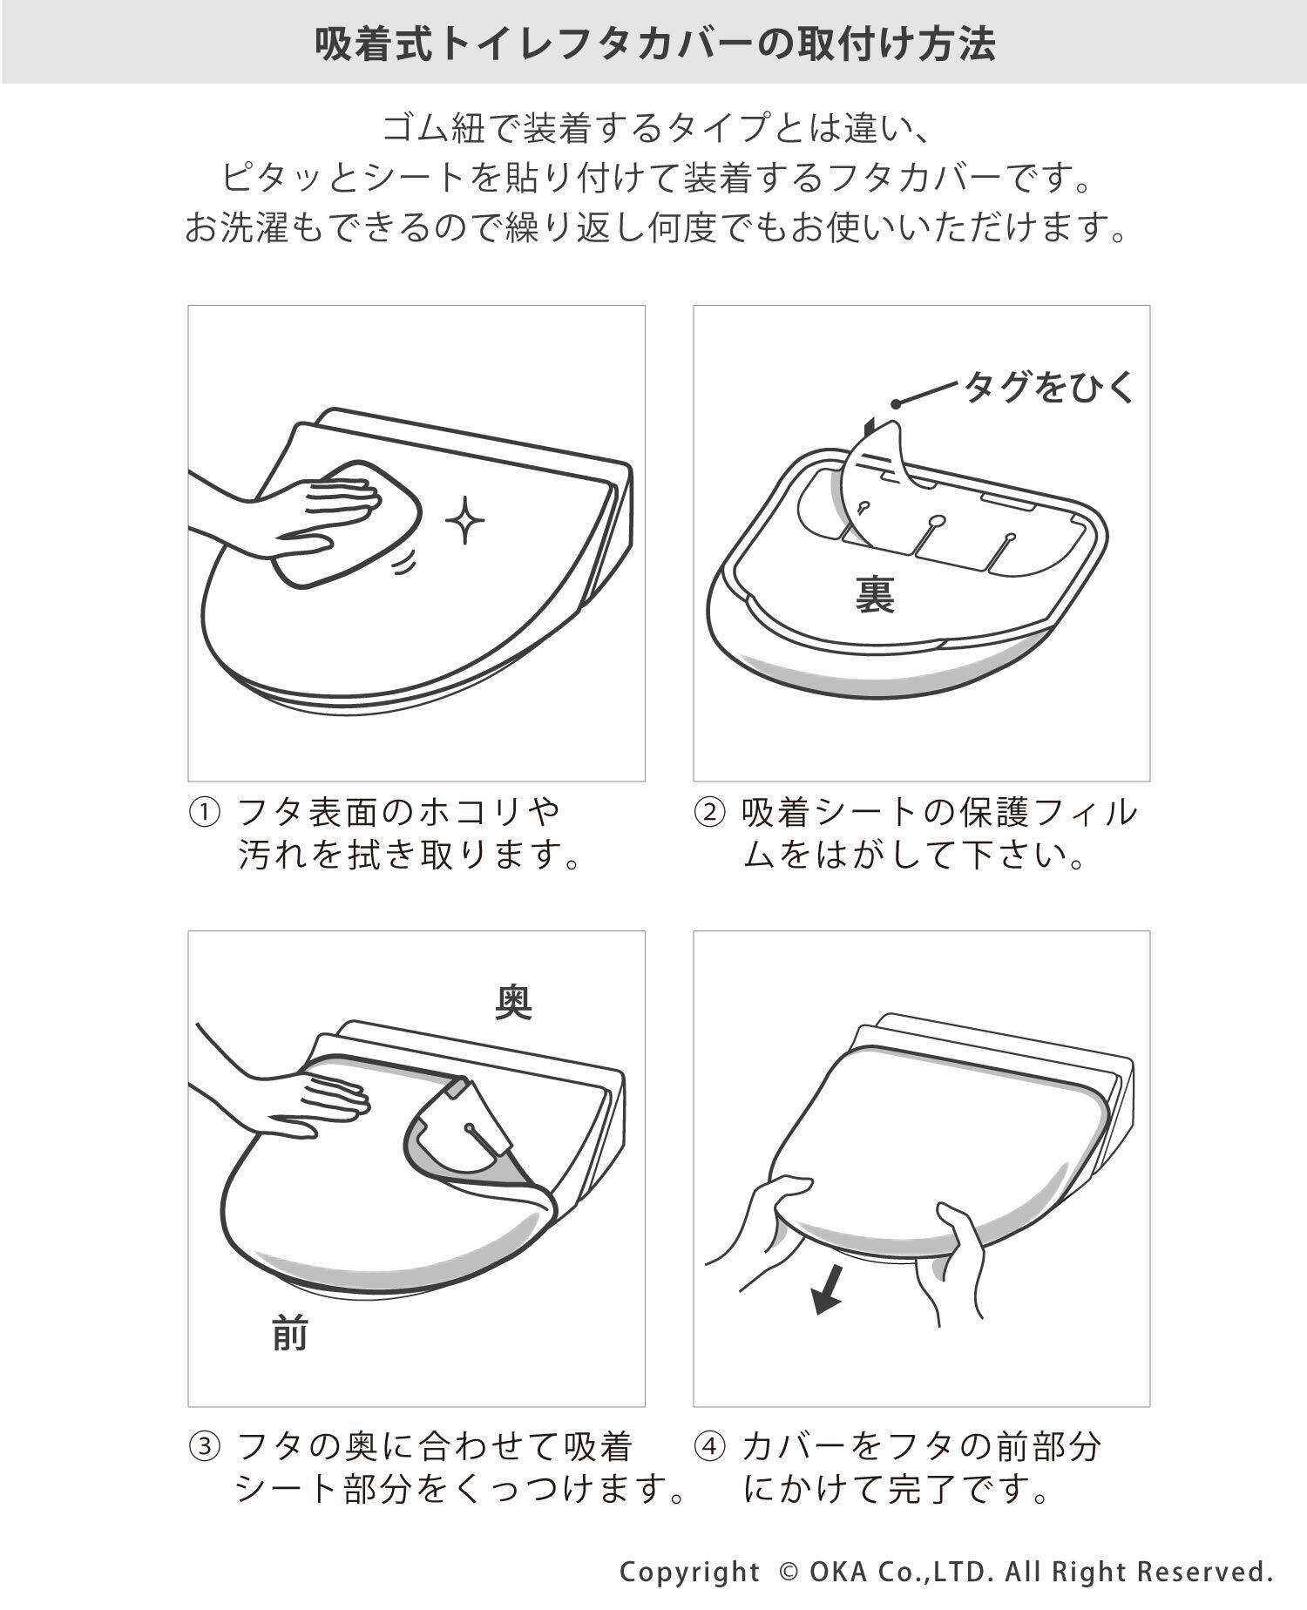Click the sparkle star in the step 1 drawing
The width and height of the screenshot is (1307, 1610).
click(465, 520)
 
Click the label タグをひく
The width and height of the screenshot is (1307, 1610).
click(1048, 386)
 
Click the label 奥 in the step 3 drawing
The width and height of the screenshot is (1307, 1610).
click(514, 1002)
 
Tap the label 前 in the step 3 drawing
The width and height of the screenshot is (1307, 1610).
click(290, 1332)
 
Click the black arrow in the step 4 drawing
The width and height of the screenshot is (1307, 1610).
click(828, 1289)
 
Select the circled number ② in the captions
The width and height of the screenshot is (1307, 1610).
click(708, 813)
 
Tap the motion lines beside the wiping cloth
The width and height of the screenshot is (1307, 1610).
click(402, 565)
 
